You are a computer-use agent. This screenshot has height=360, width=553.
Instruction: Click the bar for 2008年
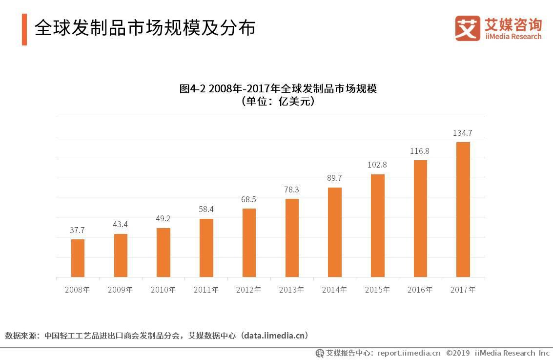point(78,258)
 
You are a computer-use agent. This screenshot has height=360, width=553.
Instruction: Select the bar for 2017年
point(463,210)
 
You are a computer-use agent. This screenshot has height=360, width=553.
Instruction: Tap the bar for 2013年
point(292,238)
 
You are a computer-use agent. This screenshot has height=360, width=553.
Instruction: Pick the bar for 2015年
point(377,226)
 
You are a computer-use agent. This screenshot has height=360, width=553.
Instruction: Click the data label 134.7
point(463,133)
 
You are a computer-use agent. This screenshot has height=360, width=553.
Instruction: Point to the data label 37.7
point(78,230)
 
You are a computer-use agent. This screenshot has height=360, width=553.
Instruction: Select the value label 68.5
point(249,199)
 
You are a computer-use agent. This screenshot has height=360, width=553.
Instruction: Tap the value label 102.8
point(377,165)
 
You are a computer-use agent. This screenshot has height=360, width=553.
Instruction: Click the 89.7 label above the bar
point(334,178)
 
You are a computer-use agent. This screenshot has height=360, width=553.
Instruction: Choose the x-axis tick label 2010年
point(163,290)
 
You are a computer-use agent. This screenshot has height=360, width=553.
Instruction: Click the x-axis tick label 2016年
point(420,290)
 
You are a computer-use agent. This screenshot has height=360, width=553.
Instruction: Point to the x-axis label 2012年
point(249,290)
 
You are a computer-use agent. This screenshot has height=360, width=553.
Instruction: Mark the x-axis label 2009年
point(120,290)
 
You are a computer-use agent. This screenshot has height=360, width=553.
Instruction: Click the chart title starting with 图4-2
point(278,89)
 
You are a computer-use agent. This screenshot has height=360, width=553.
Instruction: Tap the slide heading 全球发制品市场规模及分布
point(145,28)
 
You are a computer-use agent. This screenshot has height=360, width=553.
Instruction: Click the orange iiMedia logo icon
point(467,28)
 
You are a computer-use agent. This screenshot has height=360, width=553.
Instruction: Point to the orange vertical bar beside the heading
point(24,29)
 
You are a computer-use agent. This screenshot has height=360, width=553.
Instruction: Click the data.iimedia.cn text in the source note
point(276,336)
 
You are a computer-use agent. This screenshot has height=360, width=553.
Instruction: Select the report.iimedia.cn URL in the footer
point(409,353)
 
